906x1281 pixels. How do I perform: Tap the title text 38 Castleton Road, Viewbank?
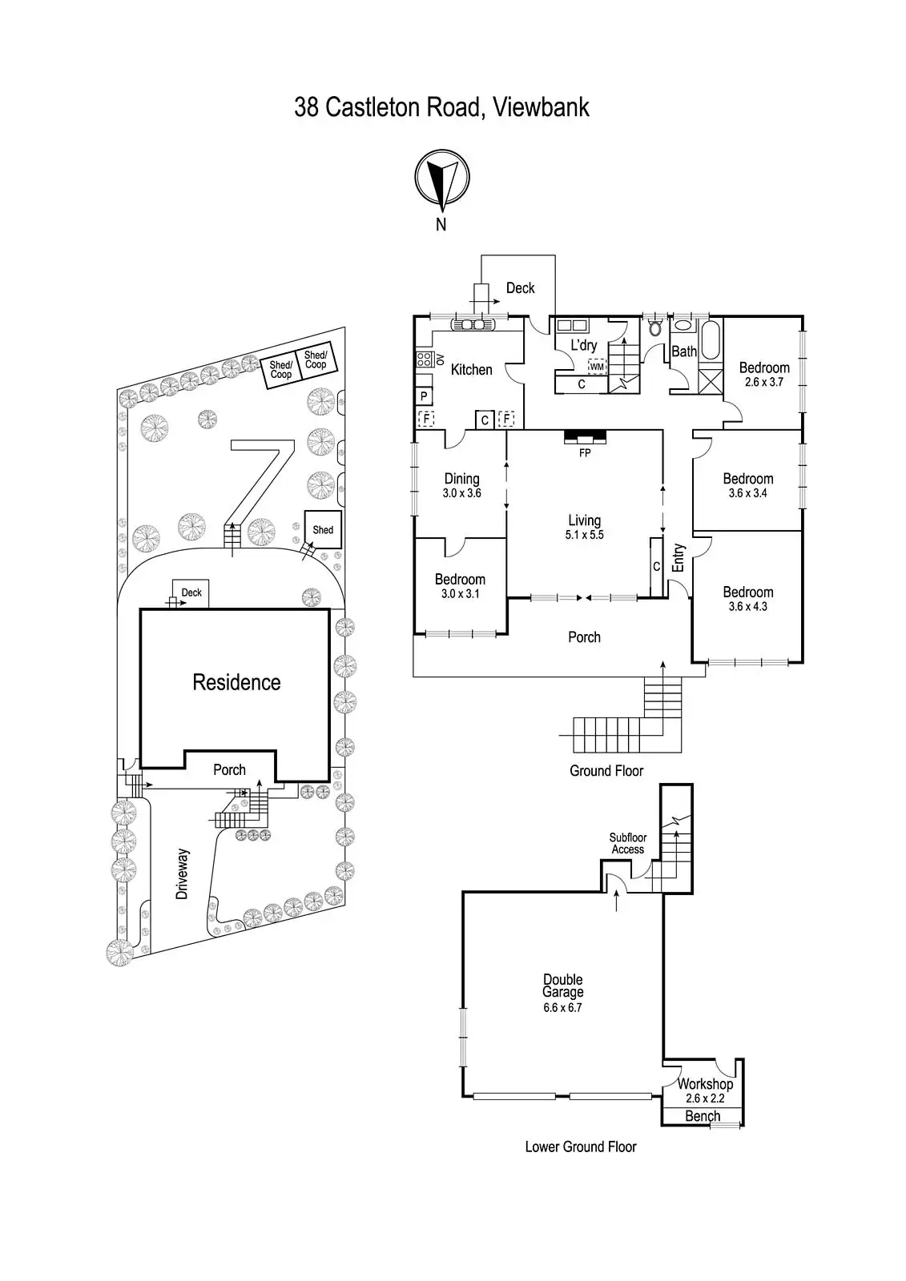(441, 107)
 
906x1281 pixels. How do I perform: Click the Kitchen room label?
(471, 369)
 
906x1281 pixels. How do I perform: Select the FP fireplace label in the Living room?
(585, 452)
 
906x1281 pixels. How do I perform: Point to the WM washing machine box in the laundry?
(596, 367)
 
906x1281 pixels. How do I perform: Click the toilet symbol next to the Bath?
(655, 327)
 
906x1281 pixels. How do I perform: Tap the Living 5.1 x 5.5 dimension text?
(585, 535)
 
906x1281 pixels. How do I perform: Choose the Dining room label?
(461, 479)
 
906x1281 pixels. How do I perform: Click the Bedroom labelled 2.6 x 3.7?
(763, 374)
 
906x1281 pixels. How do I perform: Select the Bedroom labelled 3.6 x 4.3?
(747, 599)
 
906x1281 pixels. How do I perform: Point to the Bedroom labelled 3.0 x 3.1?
(460, 586)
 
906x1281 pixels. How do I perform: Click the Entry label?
(678, 557)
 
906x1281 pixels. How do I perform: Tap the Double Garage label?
(562, 986)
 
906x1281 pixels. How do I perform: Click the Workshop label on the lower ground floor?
(705, 1084)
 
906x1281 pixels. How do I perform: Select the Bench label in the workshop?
(703, 1116)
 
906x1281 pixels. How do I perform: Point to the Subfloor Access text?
(628, 843)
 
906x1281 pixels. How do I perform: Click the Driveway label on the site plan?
(183, 874)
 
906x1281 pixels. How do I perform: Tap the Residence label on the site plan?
(236, 682)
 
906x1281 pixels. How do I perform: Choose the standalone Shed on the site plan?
(323, 529)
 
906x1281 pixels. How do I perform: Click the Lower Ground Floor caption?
(581, 1146)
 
